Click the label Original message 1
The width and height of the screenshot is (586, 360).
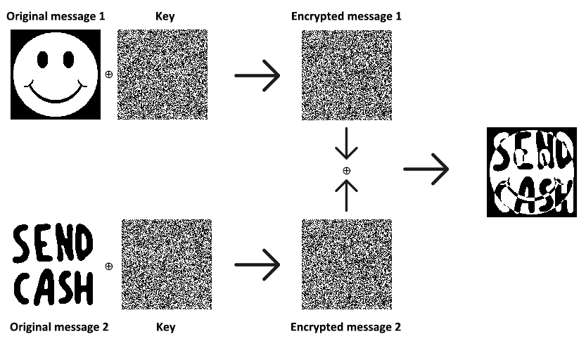pos(56,15)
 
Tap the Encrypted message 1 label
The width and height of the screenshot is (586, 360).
pos(346,15)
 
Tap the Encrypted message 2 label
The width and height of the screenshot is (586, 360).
pos(346,327)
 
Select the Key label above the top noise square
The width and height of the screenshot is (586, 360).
pos(165,15)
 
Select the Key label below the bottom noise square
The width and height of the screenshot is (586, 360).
pos(165,327)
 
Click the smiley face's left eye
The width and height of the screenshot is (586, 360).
pos(43,60)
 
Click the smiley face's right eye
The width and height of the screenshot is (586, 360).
pos(69,60)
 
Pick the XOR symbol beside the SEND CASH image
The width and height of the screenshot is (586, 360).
pos(108,266)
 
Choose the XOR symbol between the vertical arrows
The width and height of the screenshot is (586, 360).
pos(346,170)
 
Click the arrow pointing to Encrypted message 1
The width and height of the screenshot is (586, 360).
pos(257,75)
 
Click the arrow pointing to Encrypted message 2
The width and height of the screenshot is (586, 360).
pos(257,265)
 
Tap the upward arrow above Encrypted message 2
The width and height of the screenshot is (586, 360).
pos(346,195)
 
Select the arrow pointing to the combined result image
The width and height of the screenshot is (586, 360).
pos(426,169)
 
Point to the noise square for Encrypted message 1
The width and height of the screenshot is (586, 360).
pos(346,75)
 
